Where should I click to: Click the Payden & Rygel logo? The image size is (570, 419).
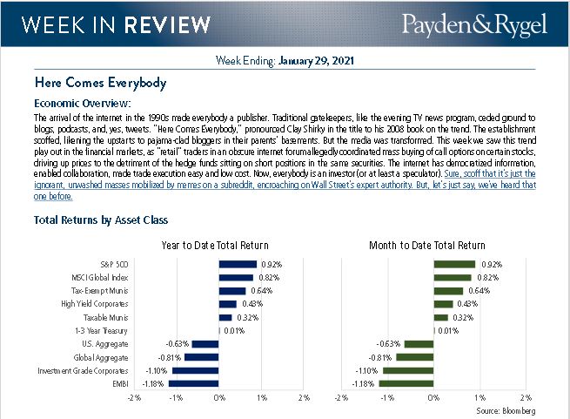click(x=473, y=25)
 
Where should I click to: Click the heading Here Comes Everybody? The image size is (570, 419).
click(x=100, y=84)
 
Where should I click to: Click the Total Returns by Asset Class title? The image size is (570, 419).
click(x=100, y=221)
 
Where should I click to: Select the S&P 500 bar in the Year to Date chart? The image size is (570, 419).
click(x=238, y=264)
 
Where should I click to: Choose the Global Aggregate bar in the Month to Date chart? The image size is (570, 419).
click(x=417, y=357)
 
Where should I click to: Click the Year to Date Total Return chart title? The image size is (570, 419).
click(x=215, y=245)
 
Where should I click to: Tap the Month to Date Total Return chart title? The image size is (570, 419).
click(x=433, y=245)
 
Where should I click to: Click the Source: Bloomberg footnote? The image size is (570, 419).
click(x=505, y=409)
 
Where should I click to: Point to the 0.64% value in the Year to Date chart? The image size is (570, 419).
click(x=261, y=291)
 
